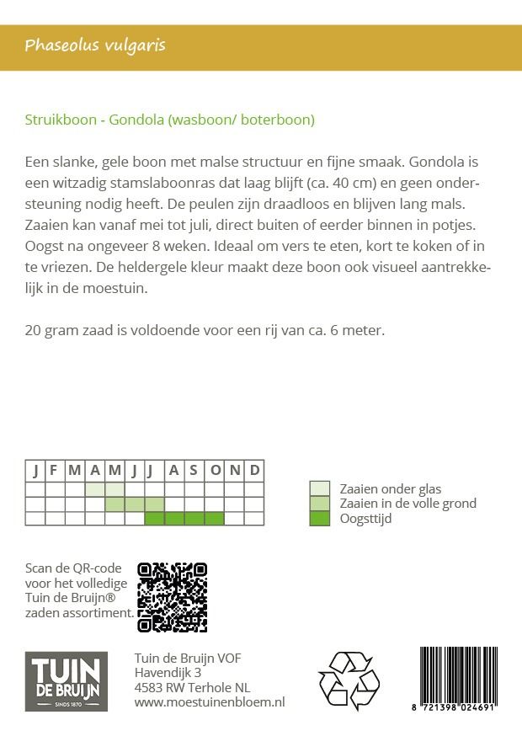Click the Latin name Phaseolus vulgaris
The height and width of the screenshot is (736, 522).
tap(94, 45)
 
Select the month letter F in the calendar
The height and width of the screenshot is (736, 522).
tap(55, 470)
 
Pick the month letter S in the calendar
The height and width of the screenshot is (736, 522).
tap(194, 470)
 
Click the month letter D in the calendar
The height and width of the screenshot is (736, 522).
tap(254, 470)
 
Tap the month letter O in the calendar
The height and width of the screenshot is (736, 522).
tap(215, 470)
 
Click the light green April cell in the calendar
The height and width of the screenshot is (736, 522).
tap(95, 488)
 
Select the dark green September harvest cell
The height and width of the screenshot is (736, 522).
tap(194, 518)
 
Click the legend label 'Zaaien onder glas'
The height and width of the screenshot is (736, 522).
tap(390, 488)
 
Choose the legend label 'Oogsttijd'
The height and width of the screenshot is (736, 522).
tap(365, 518)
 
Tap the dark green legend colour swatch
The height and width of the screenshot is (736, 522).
tap(320, 518)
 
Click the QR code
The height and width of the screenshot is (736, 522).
tap(172, 597)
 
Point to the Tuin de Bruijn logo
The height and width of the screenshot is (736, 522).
tap(66, 681)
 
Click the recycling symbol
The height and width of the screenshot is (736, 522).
tap(349, 680)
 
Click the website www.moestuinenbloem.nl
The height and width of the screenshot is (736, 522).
tap(210, 701)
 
